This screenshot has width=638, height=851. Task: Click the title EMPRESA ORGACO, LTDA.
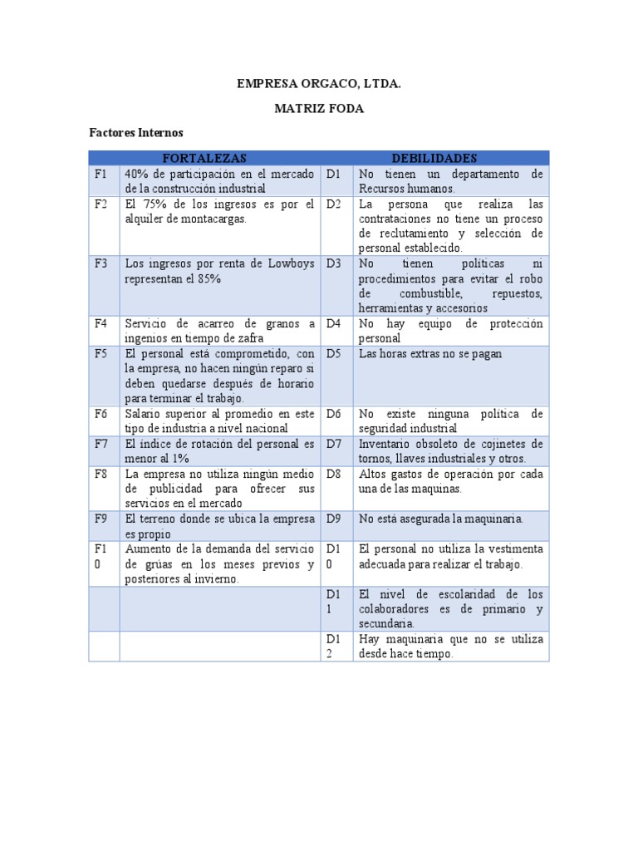[319, 84]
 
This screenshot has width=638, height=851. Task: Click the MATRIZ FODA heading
[319, 109]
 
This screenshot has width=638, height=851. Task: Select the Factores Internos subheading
[136, 133]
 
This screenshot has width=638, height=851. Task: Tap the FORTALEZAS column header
[204, 158]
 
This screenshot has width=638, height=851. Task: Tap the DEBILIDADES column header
[435, 158]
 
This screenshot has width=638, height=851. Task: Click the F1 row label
[101, 174]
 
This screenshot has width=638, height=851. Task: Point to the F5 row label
[101, 353]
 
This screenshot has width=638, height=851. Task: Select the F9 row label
[101, 519]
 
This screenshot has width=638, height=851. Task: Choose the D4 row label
[334, 323]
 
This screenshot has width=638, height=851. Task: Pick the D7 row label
[334, 444]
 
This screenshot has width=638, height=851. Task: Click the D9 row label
[334, 519]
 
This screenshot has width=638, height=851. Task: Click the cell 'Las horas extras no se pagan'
[430, 353]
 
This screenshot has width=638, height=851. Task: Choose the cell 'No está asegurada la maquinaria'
[441, 519]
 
